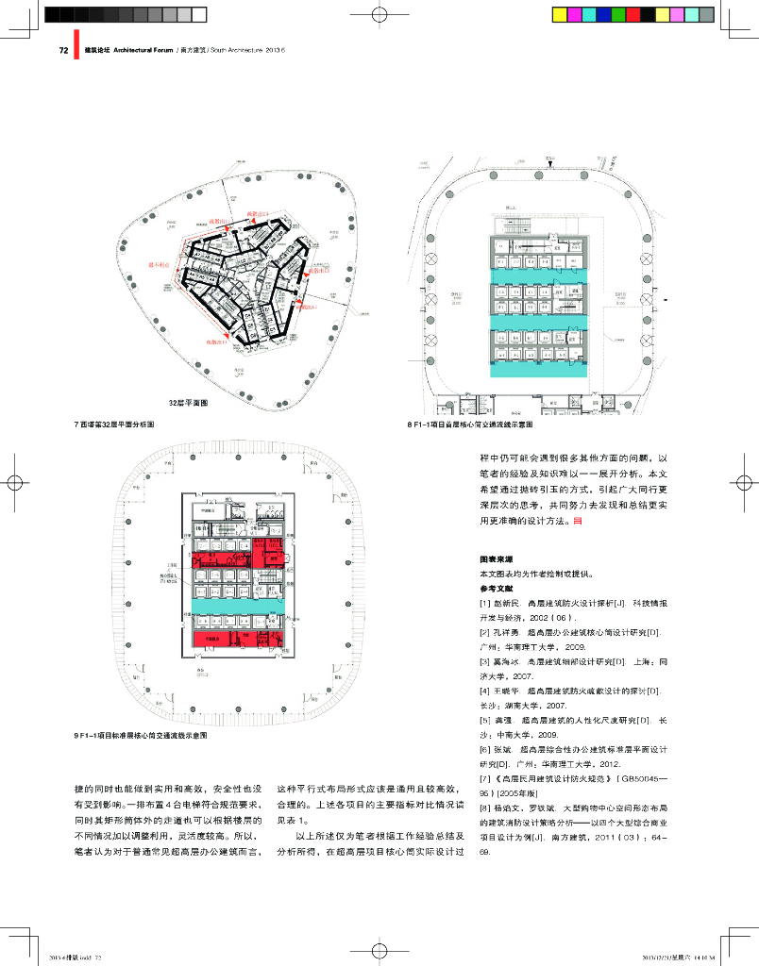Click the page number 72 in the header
point(63,51)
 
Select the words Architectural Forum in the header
point(143,51)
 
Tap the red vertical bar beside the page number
point(73,51)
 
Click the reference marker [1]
point(485,601)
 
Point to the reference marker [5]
point(485,720)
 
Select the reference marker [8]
point(485,808)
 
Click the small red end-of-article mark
point(591,520)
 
